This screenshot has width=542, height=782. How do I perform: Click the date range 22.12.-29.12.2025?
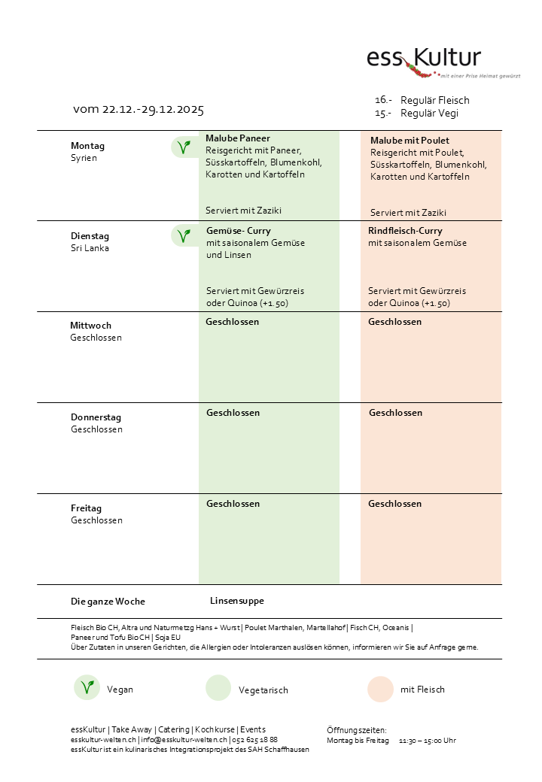coord(139,110)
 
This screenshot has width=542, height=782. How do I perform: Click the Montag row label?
coord(87,146)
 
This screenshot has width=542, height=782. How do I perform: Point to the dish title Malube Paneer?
coord(238,138)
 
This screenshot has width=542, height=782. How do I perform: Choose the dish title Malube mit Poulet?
coord(410,141)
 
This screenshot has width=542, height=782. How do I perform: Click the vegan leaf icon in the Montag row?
coord(182,147)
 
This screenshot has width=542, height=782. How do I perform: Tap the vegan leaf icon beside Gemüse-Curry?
coord(182,236)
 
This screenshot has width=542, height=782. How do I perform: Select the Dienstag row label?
coord(90,236)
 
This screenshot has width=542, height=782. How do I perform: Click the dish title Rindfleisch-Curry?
coord(405,231)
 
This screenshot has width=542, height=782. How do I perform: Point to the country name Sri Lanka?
coord(90,248)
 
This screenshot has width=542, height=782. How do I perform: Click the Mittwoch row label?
coord(90,326)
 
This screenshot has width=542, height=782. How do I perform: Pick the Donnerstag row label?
coord(96,417)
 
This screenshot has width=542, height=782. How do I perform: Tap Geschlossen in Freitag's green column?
coord(233,504)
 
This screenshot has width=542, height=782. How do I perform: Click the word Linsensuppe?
coord(236,601)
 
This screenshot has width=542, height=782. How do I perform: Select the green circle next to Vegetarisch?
coord(218,689)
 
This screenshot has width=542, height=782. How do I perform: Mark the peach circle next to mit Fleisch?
coord(381,689)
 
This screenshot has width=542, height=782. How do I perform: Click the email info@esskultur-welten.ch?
coord(184,739)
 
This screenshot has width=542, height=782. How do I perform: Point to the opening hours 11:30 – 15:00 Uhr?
coord(427,741)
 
